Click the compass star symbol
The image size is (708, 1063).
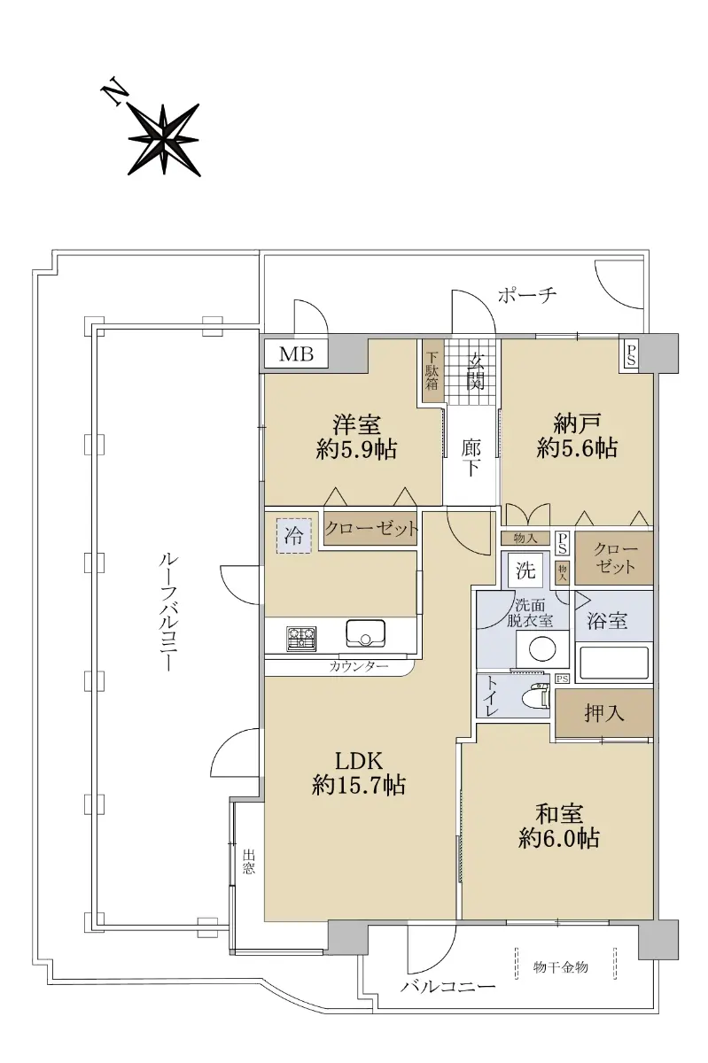pos(163,139)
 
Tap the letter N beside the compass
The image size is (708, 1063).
pos(114,96)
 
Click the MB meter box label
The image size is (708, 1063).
pos(296,353)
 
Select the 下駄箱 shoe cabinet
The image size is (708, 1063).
pos(432,371)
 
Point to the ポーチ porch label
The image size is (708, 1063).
pos(526,295)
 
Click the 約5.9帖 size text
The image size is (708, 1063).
pos(356,449)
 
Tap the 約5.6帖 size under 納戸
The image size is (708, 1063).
pos(577,448)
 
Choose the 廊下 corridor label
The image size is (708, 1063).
pos(471,459)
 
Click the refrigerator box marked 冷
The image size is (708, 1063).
pos(294,536)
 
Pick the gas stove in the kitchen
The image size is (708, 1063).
pos(301,638)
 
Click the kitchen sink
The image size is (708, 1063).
pos(365,633)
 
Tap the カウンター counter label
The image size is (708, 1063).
pos(359,667)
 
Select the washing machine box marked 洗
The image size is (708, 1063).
pos(525,570)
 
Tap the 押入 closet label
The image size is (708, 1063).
pos(604,712)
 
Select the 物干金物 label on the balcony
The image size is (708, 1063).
pos(560,966)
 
